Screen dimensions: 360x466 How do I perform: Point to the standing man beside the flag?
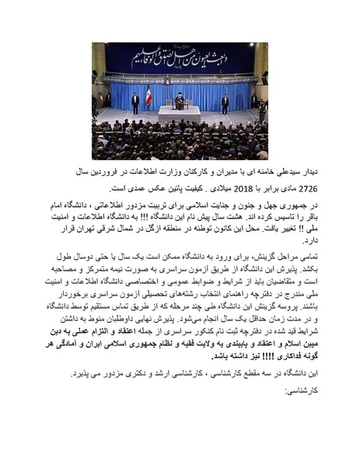pyautogui.click(x=135, y=102)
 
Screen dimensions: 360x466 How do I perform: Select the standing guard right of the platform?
pyautogui.click(x=225, y=103)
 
